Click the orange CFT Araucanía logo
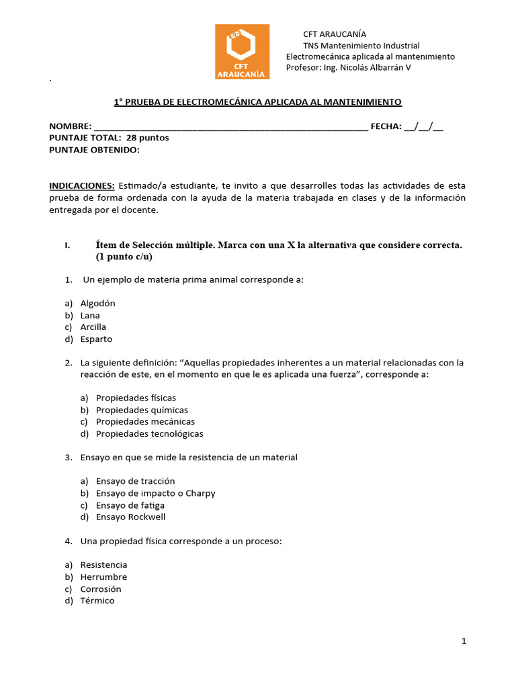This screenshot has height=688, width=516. coord(242,52)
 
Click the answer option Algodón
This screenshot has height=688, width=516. coord(97,303)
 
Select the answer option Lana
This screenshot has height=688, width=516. coord(90,315)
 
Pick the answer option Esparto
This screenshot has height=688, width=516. coord(96,339)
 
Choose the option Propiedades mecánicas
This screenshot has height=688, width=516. coord(145,422)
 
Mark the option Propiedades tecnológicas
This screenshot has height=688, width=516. coord(149,434)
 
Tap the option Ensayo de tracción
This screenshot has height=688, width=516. coord(135,481)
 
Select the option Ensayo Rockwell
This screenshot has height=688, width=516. coord(130,517)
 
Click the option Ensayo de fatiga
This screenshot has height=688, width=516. coord(130,505)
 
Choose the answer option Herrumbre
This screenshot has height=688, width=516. coord(103,577)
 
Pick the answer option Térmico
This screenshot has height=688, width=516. coord(97,601)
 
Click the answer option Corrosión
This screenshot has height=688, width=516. coord(101,589)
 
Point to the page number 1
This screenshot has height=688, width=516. coord(464,642)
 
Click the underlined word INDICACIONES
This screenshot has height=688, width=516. coord(82,185)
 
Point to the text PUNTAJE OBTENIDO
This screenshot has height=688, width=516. coord(94,150)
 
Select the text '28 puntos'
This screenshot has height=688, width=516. coord(147,138)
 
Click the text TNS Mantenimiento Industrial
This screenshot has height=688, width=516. coord(361,46)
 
